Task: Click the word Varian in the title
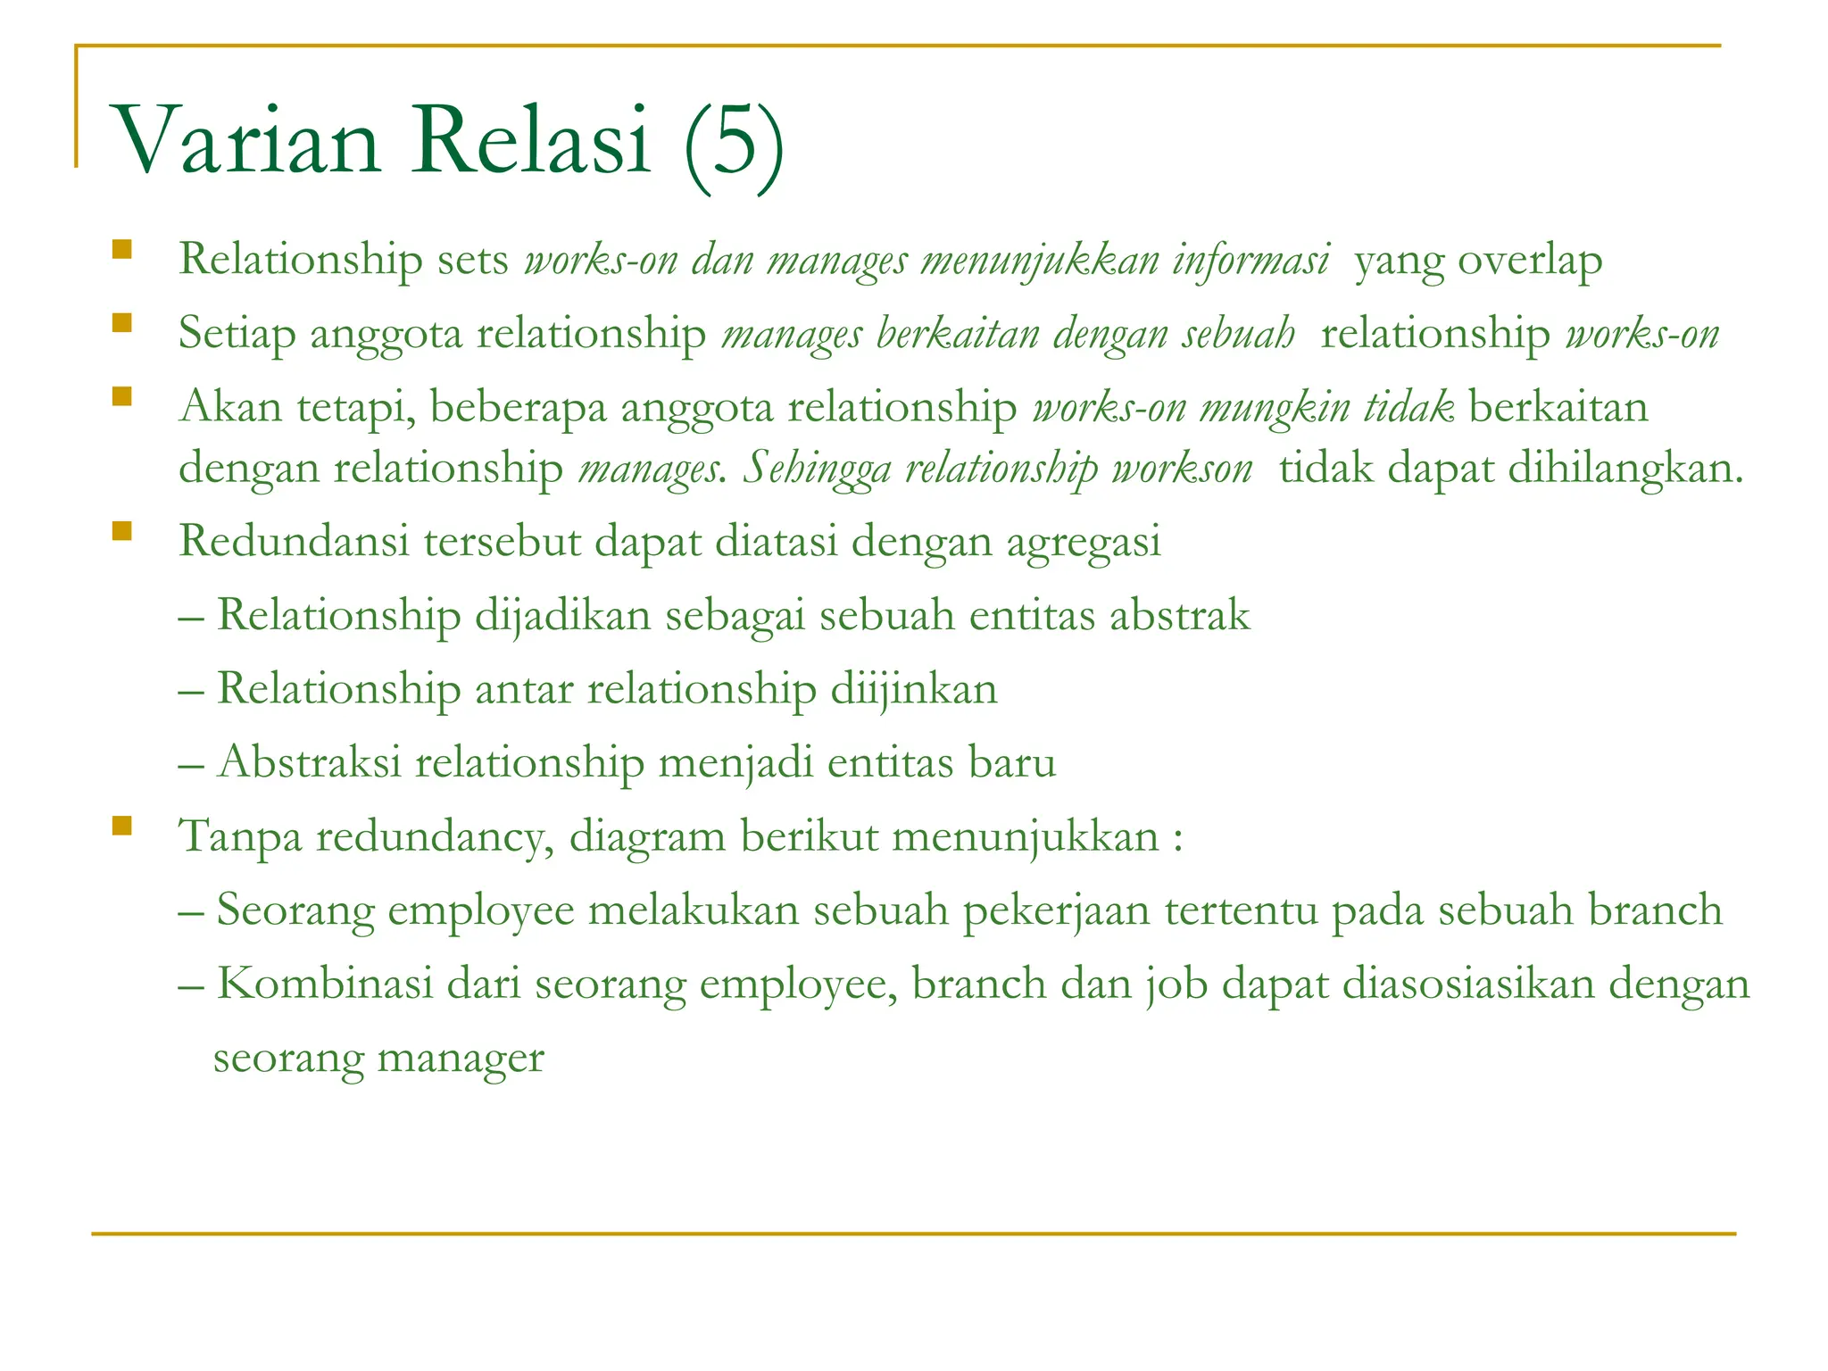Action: [x=245, y=141]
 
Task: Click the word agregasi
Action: [x=1084, y=542]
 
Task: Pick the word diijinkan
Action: [x=914, y=689]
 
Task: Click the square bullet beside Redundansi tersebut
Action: [x=122, y=533]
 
